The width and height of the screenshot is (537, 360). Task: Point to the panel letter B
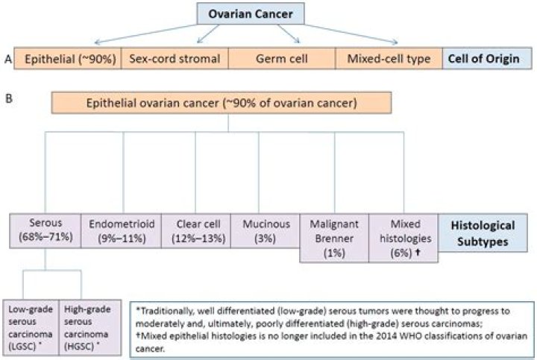7,96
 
